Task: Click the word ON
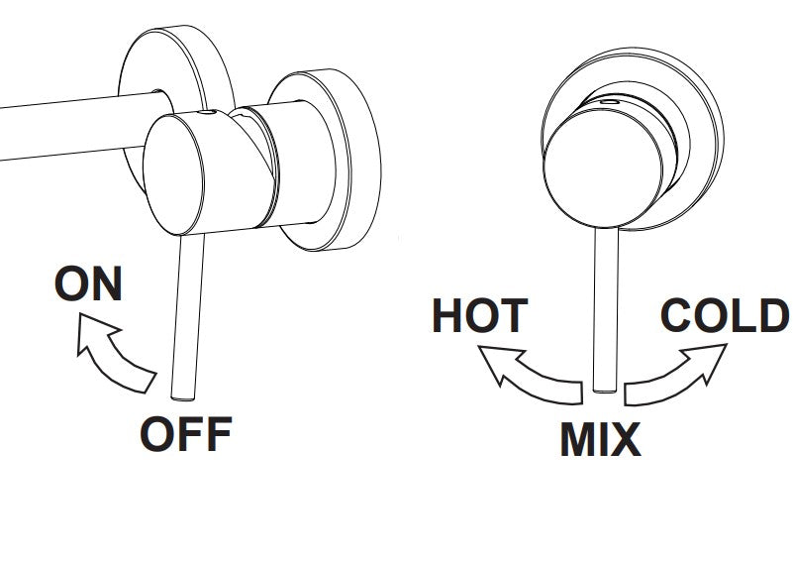pyautogui.click(x=88, y=283)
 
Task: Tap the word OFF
pyautogui.click(x=186, y=434)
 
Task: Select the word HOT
pyautogui.click(x=480, y=315)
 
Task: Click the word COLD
pyautogui.click(x=726, y=315)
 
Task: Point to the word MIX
pyautogui.click(x=600, y=438)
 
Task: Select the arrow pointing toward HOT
pyautogui.click(x=526, y=375)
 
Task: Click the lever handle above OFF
pyautogui.click(x=186, y=316)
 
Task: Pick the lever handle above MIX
pyautogui.click(x=605, y=309)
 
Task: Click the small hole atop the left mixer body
pyautogui.click(x=206, y=112)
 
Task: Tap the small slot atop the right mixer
pyautogui.click(x=610, y=101)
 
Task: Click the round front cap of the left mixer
pyautogui.click(x=173, y=174)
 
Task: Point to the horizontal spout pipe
pyautogui.click(x=81, y=127)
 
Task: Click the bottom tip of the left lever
pyautogui.click(x=182, y=399)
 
